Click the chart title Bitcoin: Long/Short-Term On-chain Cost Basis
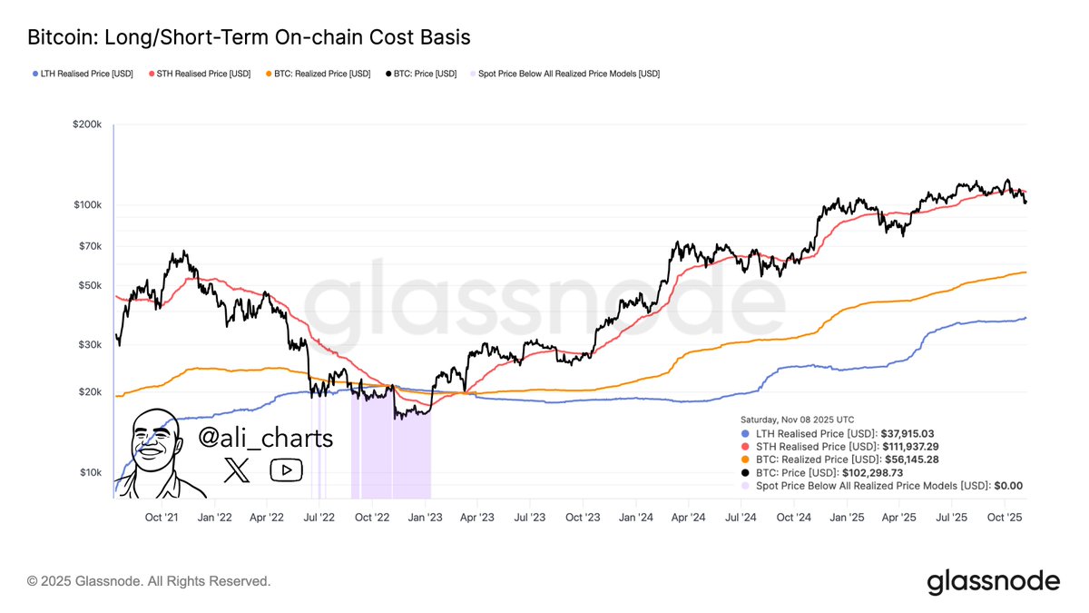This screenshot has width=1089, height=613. (249, 37)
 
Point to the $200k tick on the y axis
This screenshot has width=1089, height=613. (87, 124)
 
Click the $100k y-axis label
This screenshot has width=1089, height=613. (87, 205)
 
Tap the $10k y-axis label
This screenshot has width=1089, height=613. (90, 472)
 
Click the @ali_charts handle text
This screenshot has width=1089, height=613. (266, 439)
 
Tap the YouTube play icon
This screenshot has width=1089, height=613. (286, 470)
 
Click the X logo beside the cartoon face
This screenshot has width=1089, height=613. (236, 470)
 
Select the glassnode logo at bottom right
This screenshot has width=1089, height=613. (993, 582)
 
